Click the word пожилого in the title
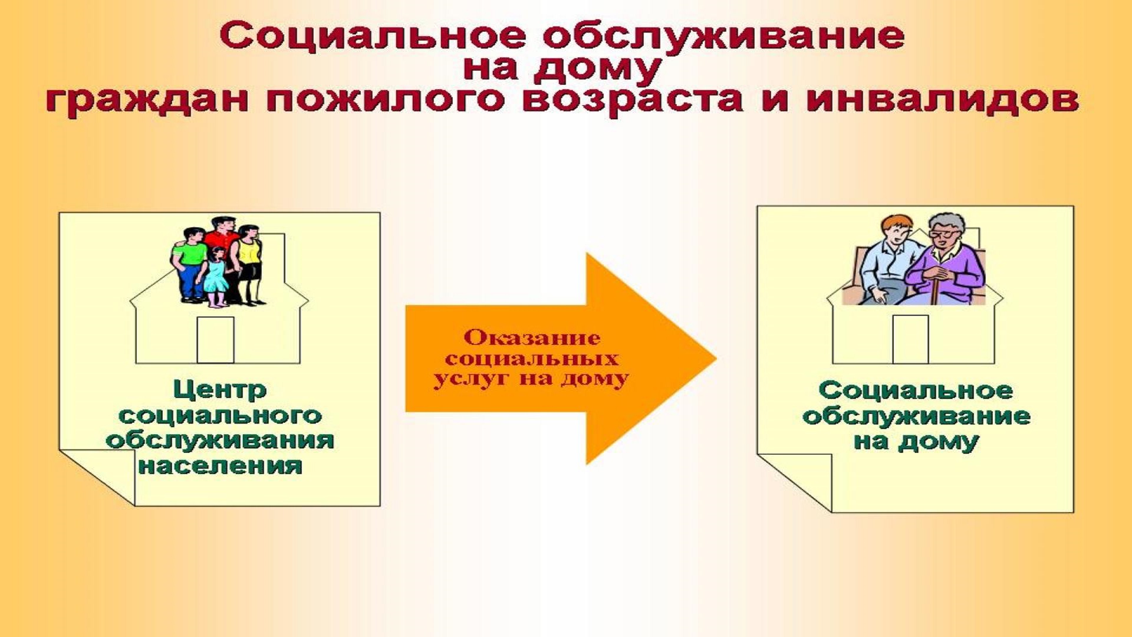386,100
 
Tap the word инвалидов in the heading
942,99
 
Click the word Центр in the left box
219,390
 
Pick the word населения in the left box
220,465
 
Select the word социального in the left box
220,416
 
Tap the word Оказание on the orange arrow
532,338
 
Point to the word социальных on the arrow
532,359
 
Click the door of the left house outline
215,340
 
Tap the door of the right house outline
910,339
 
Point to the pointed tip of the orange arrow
716,358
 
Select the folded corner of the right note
794,482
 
